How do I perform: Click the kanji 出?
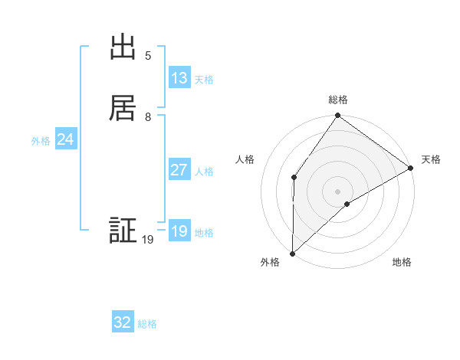click(x=123, y=47)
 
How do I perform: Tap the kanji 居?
click(x=123, y=106)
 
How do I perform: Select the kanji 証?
click(x=123, y=231)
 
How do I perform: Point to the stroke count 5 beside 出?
click(x=148, y=56)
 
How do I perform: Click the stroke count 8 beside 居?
click(x=148, y=117)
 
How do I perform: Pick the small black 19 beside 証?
click(x=148, y=241)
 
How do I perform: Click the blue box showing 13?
click(x=179, y=78)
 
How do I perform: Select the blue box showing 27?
click(x=179, y=170)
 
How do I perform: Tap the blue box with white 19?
click(x=179, y=231)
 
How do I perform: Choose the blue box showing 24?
click(x=66, y=139)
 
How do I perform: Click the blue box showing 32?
click(x=123, y=323)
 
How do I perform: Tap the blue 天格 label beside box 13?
click(x=204, y=80)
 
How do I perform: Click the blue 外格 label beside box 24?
click(x=41, y=141)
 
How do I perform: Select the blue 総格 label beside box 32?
click(x=147, y=325)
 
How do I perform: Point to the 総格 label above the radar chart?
click(x=338, y=100)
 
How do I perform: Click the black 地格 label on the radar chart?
click(x=402, y=263)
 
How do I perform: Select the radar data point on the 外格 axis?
click(x=292, y=254)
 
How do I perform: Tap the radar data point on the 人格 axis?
click(x=294, y=178)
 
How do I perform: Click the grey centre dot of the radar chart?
click(x=338, y=191)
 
